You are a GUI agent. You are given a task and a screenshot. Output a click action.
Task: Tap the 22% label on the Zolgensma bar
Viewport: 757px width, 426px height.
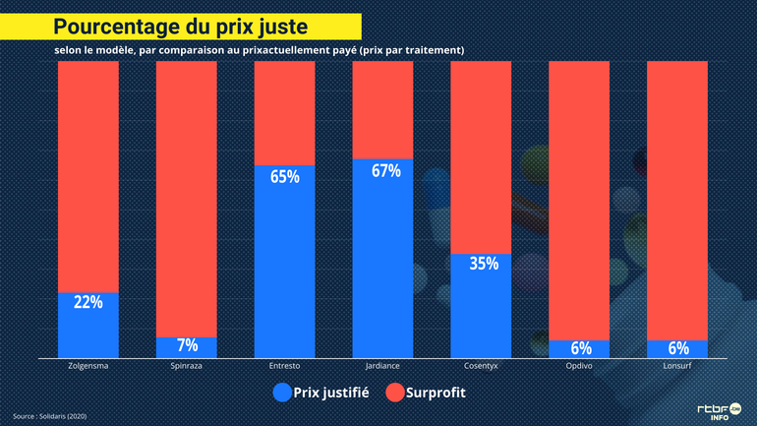click(x=88, y=302)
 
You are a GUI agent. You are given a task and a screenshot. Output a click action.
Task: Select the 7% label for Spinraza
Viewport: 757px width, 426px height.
click(x=187, y=345)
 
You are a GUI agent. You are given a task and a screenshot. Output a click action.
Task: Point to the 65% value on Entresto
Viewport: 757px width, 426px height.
click(x=285, y=177)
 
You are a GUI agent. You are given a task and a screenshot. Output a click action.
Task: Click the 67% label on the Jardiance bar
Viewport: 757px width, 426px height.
click(x=385, y=170)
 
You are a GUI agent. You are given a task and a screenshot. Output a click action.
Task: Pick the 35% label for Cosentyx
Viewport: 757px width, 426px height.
click(x=483, y=264)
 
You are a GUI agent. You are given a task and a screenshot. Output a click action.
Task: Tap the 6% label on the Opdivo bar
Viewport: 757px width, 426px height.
click(x=580, y=347)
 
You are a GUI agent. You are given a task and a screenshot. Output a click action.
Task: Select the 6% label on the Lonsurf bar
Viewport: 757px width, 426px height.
click(x=678, y=347)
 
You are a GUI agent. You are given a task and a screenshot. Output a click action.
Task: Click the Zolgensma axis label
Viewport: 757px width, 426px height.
click(x=88, y=366)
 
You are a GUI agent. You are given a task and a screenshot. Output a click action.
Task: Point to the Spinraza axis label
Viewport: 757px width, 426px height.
click(x=187, y=366)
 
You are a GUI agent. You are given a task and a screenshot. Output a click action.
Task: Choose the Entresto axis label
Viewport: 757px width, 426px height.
click(x=285, y=366)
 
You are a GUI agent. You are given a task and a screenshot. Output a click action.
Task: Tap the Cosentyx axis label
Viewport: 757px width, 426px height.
click(x=482, y=366)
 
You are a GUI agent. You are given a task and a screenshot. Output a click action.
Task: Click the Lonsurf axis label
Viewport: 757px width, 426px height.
click(x=678, y=366)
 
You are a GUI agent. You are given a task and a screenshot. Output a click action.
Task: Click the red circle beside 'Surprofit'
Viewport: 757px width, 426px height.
click(x=395, y=393)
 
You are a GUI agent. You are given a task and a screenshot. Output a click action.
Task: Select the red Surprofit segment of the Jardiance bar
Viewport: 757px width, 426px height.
click(x=383, y=108)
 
